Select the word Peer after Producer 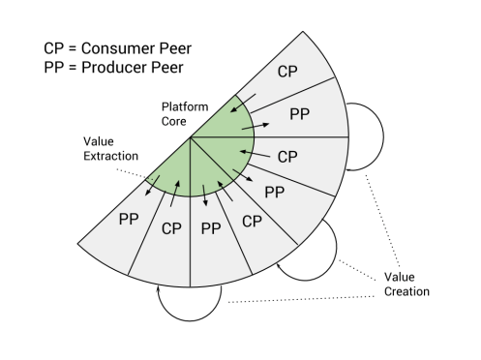pyautogui.click(x=158, y=68)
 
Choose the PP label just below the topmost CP pyautogui.click(x=301, y=114)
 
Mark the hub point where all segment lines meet pyautogui.click(x=192, y=138)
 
